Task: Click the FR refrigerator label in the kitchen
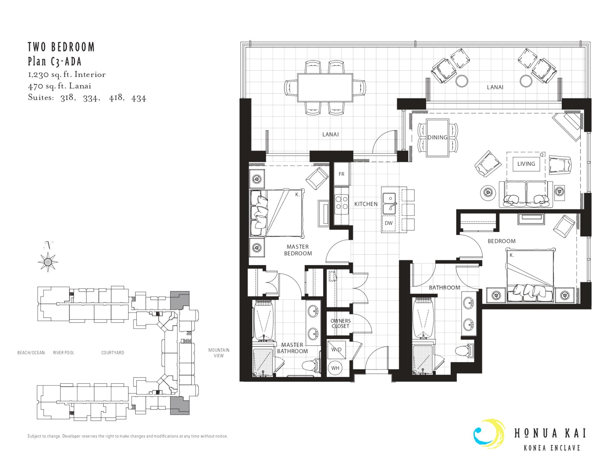tap(342, 174)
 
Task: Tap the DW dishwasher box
tap(389, 223)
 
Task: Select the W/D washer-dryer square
tap(336, 349)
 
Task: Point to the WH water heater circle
tap(335, 368)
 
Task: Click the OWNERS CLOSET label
tap(340, 324)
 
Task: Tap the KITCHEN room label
tap(366, 204)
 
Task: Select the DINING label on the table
tap(437, 137)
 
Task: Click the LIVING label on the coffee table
tap(526, 164)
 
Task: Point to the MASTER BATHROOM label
tap(292, 348)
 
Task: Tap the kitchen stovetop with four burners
tap(342, 203)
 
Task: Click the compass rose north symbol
tap(48, 262)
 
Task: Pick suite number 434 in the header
tap(139, 98)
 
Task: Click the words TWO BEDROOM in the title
tap(61, 47)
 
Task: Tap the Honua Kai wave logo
tap(489, 434)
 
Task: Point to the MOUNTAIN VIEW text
tap(219, 353)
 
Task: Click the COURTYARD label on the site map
tap(113, 353)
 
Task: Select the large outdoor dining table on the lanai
tap(325, 88)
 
